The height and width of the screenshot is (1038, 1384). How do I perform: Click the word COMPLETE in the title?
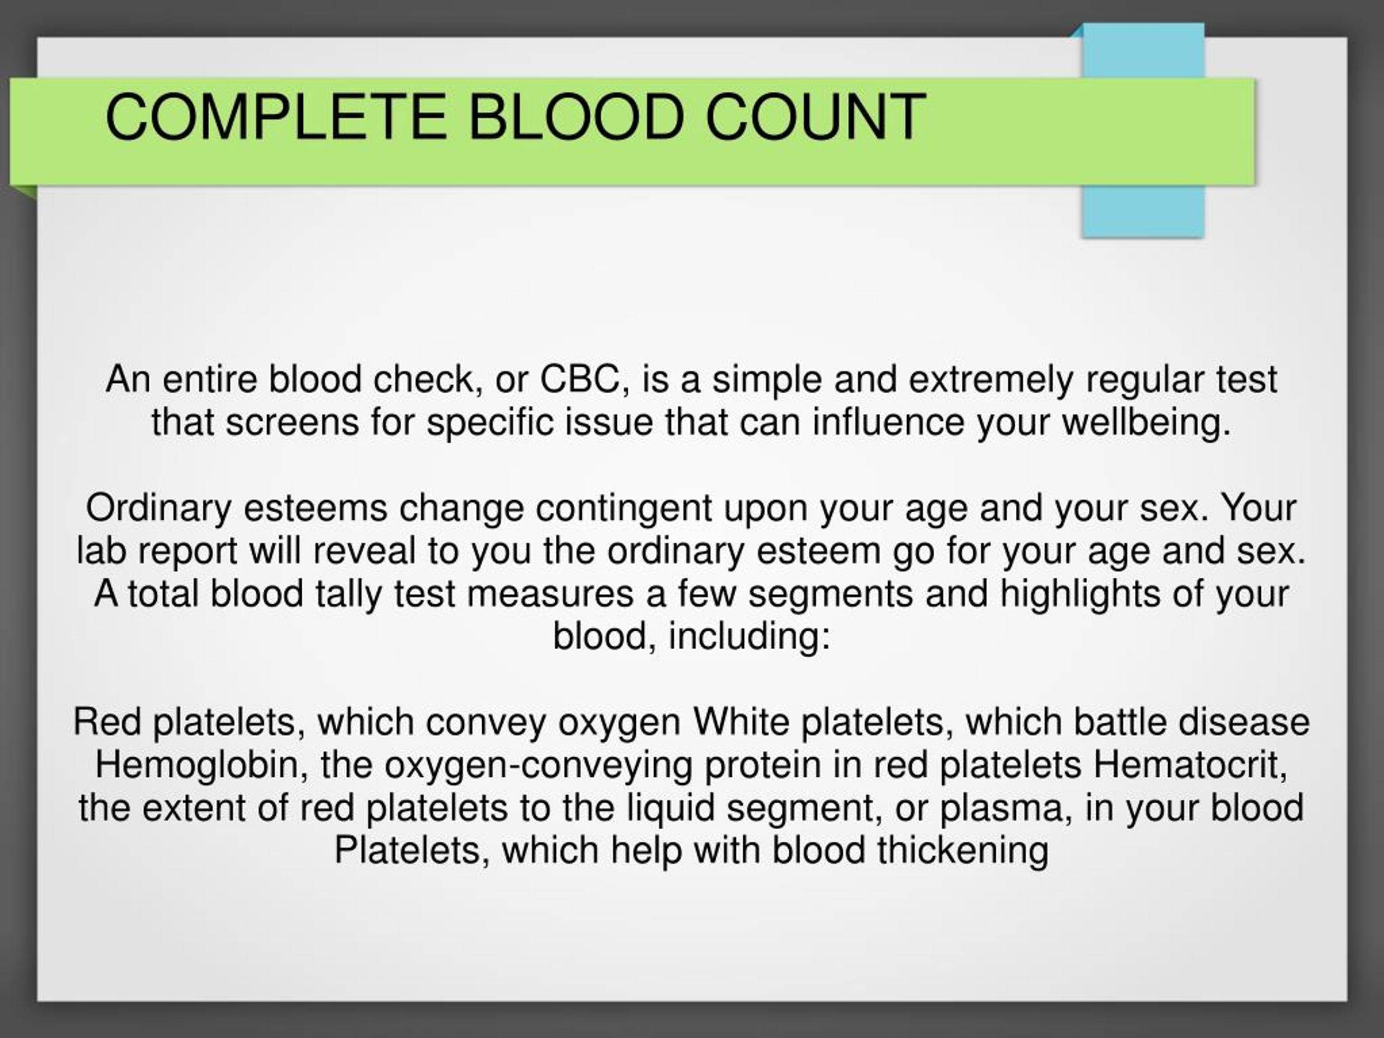276,116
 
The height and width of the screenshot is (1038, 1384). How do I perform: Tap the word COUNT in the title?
815,116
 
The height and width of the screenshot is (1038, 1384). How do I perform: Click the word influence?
888,422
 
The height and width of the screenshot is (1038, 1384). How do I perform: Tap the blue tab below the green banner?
1143,212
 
